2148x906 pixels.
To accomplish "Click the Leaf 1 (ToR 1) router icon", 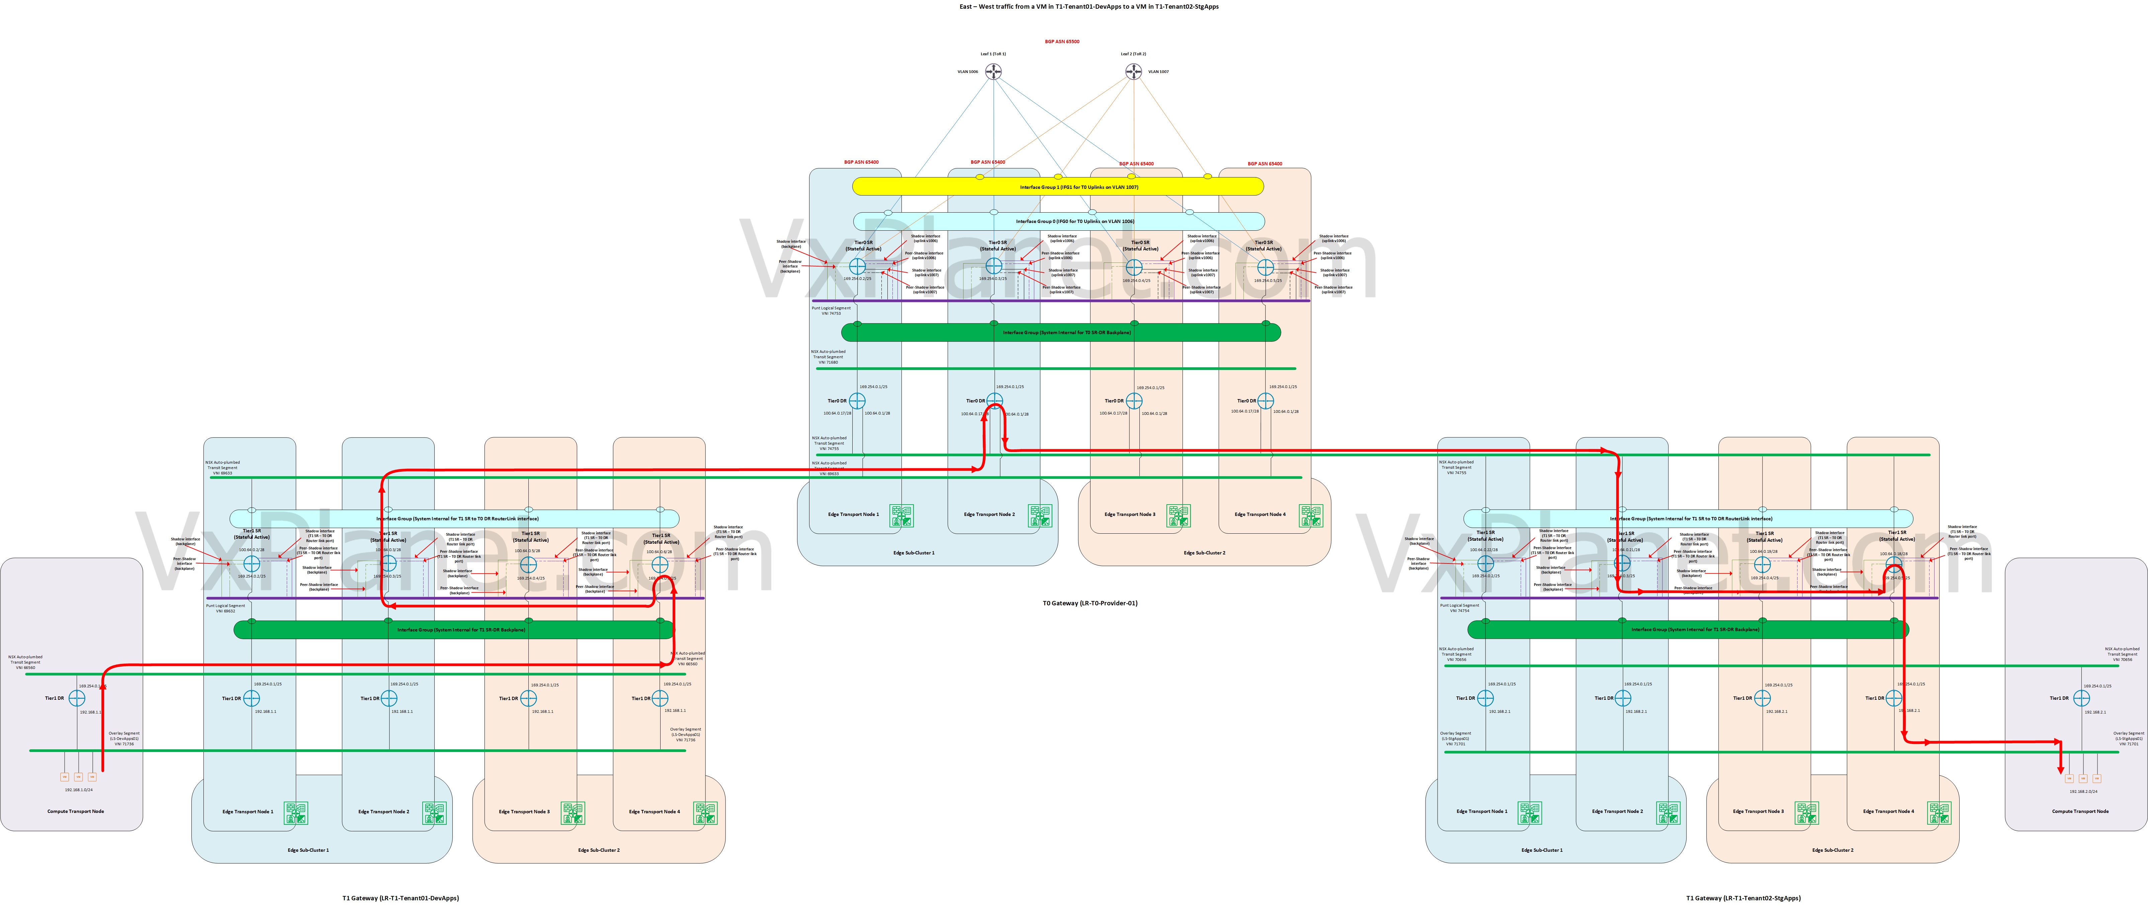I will pyautogui.click(x=993, y=72).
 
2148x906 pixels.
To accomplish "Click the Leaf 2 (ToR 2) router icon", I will pyautogui.click(x=1133, y=72).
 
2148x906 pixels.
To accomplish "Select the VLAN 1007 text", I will pyautogui.click(x=1158, y=72).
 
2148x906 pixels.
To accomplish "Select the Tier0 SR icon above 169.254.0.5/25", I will pyautogui.click(x=1265, y=267).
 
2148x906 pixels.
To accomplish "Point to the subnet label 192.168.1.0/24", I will pyautogui.click(x=78, y=789).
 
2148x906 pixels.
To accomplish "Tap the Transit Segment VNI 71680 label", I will pyautogui.click(x=828, y=357).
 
